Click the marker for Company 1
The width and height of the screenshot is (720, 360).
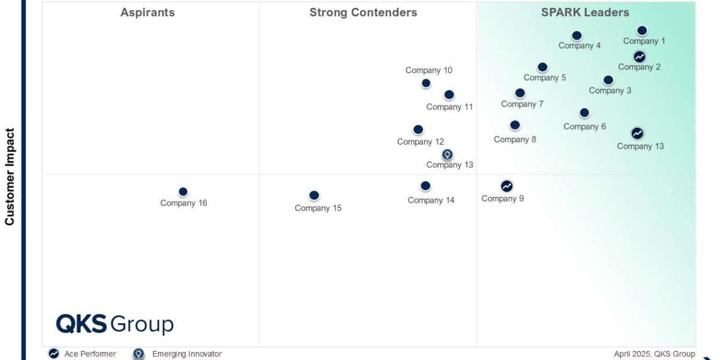pos(641,31)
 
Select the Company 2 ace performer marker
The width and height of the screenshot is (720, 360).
pos(640,56)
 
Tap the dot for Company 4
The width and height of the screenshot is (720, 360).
pos(577,35)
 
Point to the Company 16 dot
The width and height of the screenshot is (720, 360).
pos(183,192)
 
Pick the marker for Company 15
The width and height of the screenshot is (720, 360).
pos(314,196)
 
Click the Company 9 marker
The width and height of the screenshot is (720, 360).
pos(507,186)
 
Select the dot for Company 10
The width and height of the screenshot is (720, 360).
pos(426,83)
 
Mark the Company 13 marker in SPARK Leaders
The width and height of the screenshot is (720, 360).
pos(637,133)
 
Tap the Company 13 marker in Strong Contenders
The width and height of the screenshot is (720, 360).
pos(448,155)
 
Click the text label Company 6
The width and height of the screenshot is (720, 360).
pos(584,127)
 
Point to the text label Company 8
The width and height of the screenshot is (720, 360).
pos(515,140)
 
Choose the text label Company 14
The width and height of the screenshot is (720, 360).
pos(431,200)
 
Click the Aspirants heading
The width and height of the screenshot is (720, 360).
pos(148,13)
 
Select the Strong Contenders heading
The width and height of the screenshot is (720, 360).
pos(363,13)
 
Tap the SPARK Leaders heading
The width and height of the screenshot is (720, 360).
pos(585,13)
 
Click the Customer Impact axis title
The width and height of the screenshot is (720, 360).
pos(10,176)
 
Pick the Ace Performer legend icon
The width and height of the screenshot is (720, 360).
pos(54,354)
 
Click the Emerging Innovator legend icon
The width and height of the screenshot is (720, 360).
pos(139,354)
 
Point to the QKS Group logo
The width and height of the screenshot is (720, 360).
pos(115,324)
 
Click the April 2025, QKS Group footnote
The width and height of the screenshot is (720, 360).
pos(654,354)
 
